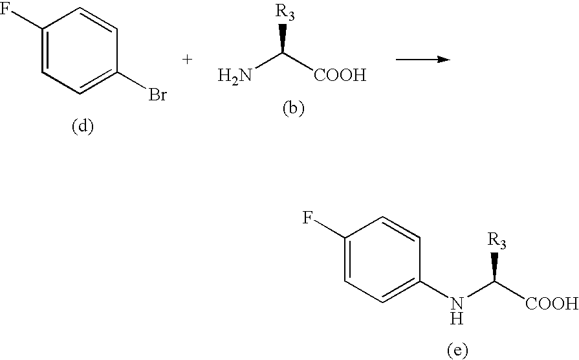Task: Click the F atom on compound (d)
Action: click(5, 9)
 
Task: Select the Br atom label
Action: click(158, 95)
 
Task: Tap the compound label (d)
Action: click(82, 126)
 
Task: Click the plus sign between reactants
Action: click(188, 60)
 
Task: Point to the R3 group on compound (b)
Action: click(285, 13)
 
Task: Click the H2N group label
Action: click(235, 76)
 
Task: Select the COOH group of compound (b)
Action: click(340, 75)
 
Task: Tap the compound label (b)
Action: click(294, 109)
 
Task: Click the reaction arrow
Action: click(423, 59)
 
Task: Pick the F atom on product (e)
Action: click(307, 218)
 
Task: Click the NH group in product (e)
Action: click(457, 309)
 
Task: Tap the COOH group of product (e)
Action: click(552, 304)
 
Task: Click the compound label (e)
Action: click(457, 349)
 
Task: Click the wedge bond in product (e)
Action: click(494, 267)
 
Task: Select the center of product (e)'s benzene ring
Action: click(382, 260)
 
